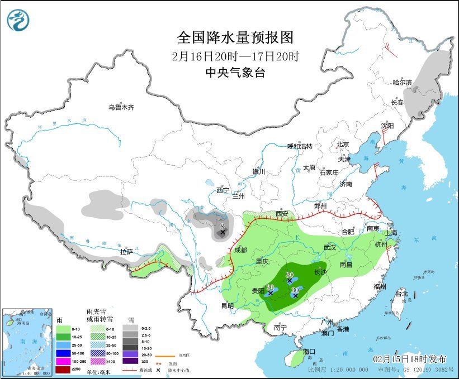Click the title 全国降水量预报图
(235, 37)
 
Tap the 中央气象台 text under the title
(235, 73)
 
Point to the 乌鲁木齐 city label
(121, 107)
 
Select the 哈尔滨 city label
(401, 83)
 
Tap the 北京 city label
(343, 144)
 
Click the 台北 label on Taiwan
(401, 294)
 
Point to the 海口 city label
(309, 352)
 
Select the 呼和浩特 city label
(300, 146)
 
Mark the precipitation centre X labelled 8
(222, 232)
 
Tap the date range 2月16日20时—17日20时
(235, 56)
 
